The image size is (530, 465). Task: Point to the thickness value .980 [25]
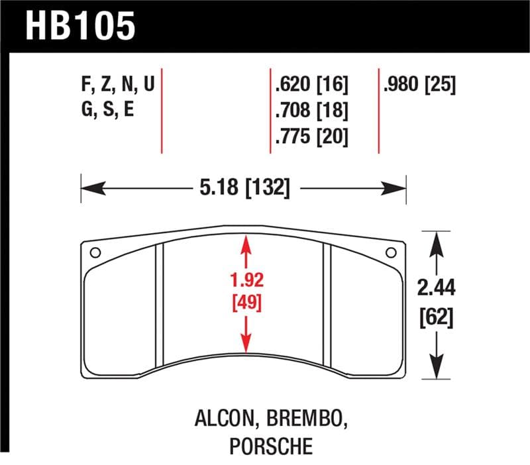tap(419, 86)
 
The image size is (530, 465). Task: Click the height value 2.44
tap(435, 288)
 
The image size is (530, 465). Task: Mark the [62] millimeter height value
tap(435, 318)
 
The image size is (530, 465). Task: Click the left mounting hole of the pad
tap(95, 252)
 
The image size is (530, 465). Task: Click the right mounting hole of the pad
tap(391, 252)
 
